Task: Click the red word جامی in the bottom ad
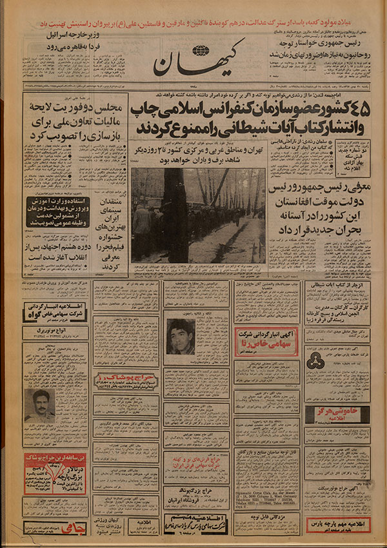pyautogui.click(x=39, y=527)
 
